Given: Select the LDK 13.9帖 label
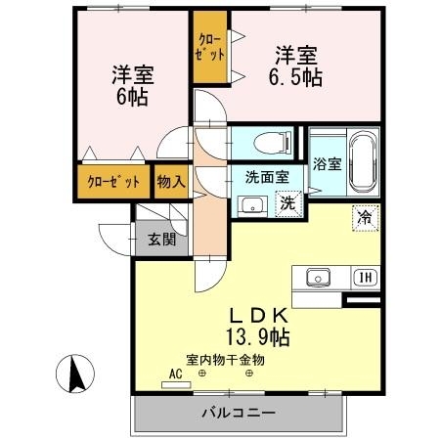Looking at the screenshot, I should click(x=258, y=327).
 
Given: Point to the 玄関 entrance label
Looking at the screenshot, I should click(x=161, y=238).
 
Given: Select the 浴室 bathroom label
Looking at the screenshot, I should click(x=327, y=164).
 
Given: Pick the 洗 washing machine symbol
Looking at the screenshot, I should click(x=287, y=204).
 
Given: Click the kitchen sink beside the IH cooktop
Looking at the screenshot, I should click(x=320, y=277).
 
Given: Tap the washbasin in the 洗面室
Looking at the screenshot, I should click(x=251, y=205).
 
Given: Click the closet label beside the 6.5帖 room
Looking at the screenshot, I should click(x=209, y=48).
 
